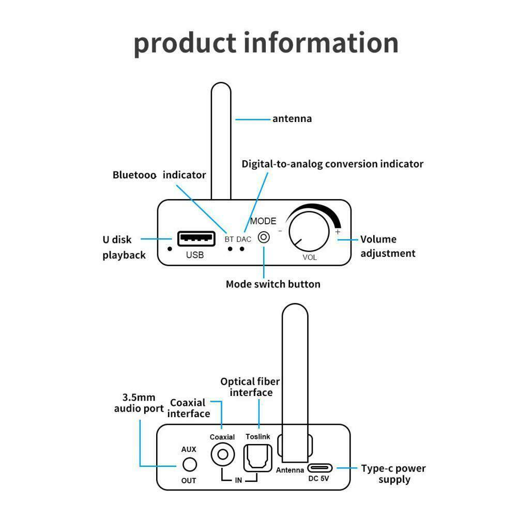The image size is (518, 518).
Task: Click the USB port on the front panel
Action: tap(196, 239)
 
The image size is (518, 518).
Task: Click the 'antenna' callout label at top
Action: tap(292, 119)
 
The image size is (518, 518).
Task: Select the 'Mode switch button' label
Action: tap(273, 284)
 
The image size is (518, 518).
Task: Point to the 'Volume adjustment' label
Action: tap(388, 246)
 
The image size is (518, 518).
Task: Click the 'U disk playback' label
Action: tap(124, 247)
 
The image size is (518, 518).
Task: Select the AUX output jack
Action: tap(190, 465)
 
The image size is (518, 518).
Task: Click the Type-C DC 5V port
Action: tap(320, 468)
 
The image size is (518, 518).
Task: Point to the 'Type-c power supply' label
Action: tap(394, 474)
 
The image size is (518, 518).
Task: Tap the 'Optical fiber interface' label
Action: tap(250, 387)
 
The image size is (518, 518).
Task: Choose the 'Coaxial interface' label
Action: tap(189, 408)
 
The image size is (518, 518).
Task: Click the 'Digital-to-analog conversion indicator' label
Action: tap(332, 164)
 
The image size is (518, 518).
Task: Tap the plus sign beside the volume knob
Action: tap(338, 232)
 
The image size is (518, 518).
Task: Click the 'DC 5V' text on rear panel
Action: tap(319, 479)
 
